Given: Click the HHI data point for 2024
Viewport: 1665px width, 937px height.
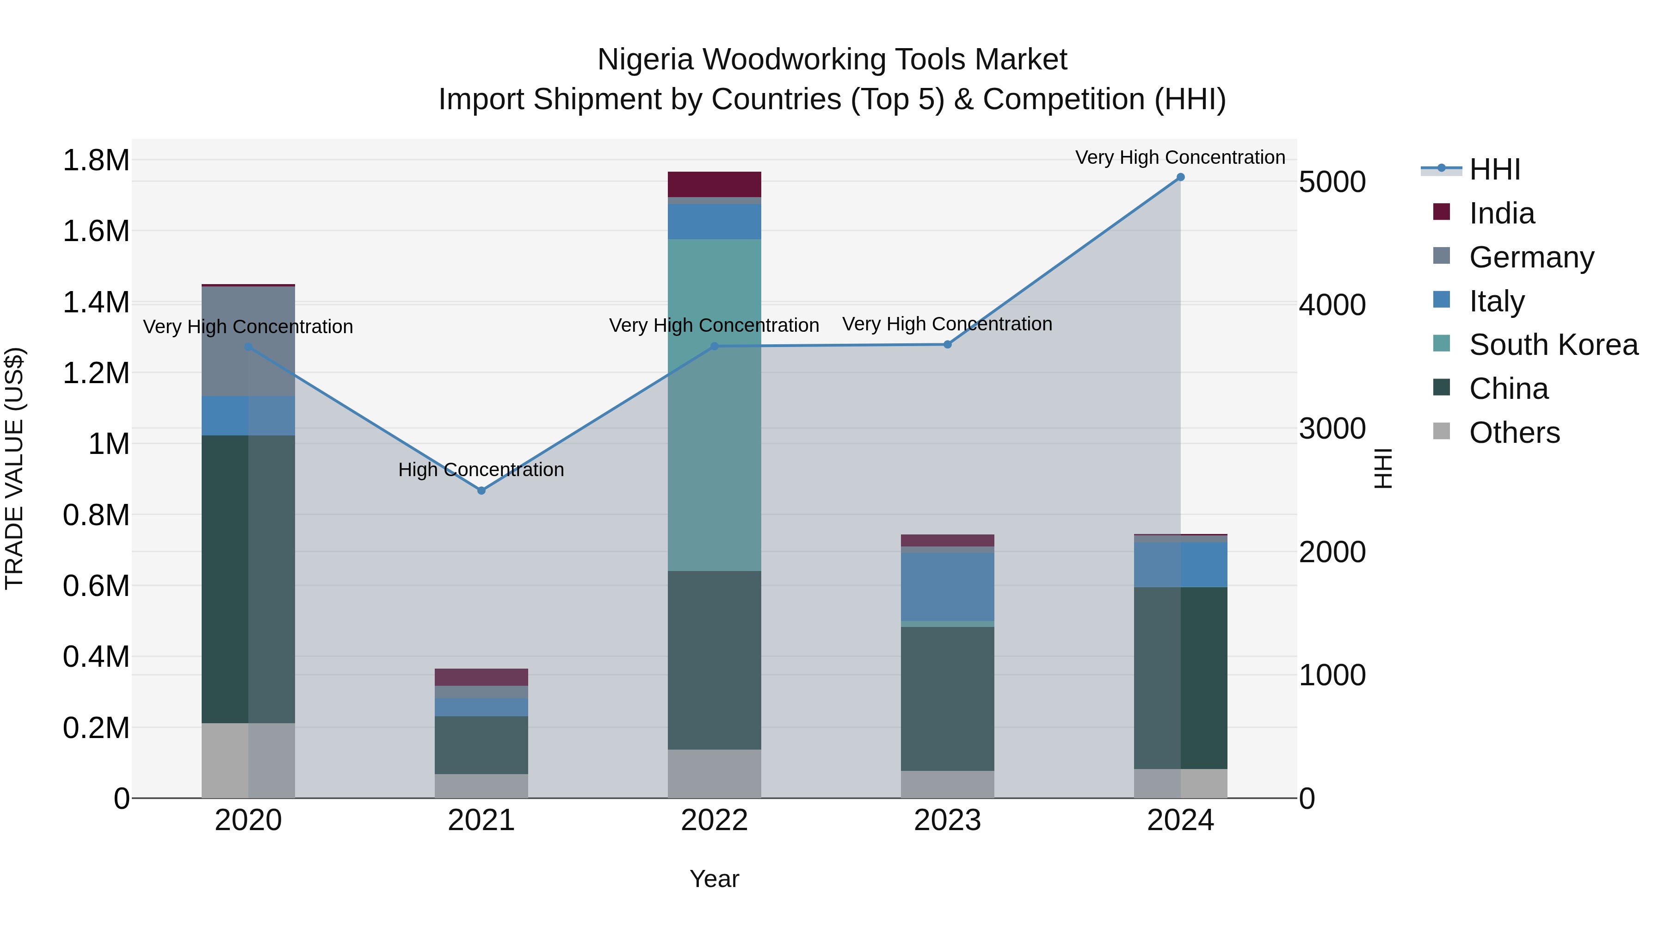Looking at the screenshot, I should point(1180,177).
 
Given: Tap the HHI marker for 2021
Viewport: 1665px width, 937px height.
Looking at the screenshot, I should point(481,491).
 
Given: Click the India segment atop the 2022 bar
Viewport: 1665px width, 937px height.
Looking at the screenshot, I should point(714,184).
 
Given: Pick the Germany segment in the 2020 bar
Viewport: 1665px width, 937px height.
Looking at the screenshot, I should point(248,341).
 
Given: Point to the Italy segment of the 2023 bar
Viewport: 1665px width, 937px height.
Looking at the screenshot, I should point(948,587).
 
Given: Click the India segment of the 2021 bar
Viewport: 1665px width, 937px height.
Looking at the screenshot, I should point(481,677).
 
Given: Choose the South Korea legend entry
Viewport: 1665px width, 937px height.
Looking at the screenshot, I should point(1553,345).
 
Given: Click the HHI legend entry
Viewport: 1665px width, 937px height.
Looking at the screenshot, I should point(1494,169).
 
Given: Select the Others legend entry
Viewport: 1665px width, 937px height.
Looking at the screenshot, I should point(1514,433).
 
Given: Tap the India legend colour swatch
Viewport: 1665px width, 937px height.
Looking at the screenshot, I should point(1441,212).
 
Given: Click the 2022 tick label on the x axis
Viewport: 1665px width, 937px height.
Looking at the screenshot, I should point(714,820).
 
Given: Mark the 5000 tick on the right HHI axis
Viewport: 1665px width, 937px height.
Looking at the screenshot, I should point(1332,182).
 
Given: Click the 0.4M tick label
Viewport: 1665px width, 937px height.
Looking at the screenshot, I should point(96,656).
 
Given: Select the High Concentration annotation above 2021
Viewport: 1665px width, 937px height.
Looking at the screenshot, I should point(481,470).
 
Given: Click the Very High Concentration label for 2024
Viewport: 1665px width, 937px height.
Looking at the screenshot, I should point(1180,157).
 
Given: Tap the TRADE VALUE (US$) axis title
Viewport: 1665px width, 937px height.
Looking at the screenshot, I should point(14,468).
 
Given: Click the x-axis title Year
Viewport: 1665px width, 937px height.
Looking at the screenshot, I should point(714,879).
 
